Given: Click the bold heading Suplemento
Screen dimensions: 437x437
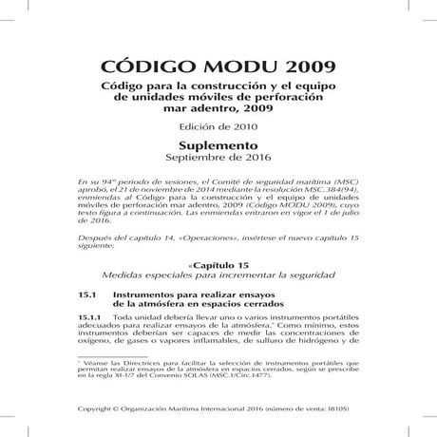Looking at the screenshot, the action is point(218,147).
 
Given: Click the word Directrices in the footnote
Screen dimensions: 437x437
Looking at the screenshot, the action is point(135,373).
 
